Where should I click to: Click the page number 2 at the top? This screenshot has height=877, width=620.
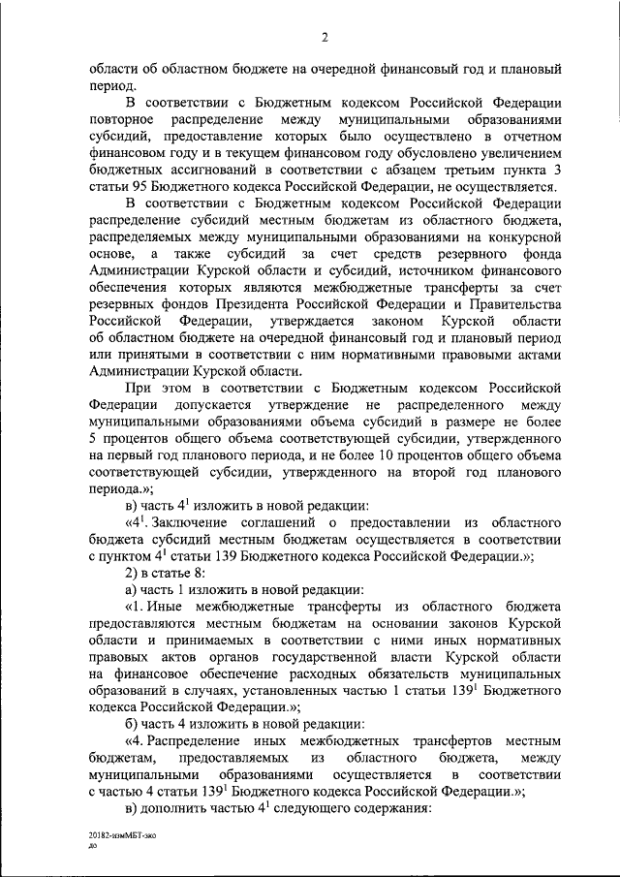[x=325, y=38]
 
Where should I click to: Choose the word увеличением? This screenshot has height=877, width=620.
[x=516, y=151]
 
